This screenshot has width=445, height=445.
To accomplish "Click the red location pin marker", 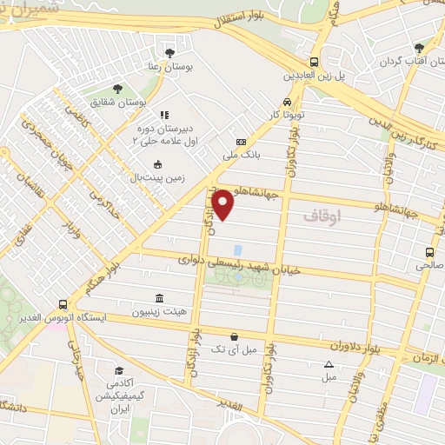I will tap(223, 204).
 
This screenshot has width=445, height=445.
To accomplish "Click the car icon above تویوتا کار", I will tap(285, 103).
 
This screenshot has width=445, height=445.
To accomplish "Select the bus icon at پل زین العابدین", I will tap(314, 62).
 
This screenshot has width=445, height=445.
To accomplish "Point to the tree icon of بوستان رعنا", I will tap(169, 53).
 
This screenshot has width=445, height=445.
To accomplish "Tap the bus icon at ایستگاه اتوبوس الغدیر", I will tap(63, 305).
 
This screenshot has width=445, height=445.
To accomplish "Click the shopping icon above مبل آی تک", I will tap(234, 336).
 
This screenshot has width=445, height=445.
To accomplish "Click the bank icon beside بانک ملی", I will tap(241, 142).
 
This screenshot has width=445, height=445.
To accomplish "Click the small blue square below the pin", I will tap(238, 249).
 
